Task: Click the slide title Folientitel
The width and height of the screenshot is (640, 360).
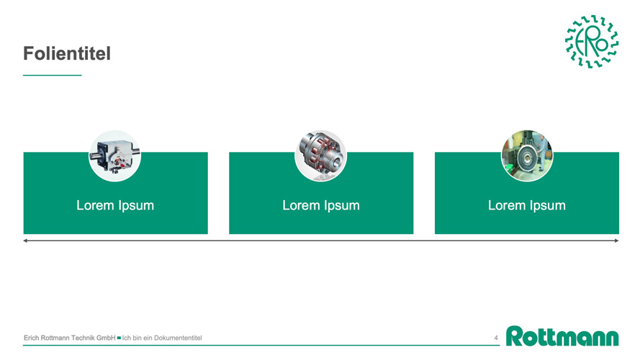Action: [x=66, y=53]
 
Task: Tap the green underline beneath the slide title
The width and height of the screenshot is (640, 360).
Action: [x=53, y=75]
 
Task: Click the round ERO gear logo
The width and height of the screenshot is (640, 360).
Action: [x=592, y=41]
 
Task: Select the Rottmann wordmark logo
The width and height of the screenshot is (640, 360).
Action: [x=562, y=336]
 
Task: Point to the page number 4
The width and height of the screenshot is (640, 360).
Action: [x=496, y=338]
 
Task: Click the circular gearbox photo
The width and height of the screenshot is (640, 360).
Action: [x=114, y=156]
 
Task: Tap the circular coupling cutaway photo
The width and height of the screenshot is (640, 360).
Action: [x=321, y=156]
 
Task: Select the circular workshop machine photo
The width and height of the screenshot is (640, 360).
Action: [x=527, y=156]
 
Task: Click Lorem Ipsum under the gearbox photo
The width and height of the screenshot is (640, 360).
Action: [x=115, y=205]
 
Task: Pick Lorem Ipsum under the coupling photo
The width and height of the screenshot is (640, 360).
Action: [x=321, y=205]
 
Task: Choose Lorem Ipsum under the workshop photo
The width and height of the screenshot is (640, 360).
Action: [x=527, y=205]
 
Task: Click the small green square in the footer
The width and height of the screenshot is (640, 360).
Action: [x=119, y=338]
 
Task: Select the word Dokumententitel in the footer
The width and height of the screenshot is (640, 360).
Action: [x=178, y=338]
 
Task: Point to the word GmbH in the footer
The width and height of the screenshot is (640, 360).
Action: [x=106, y=338]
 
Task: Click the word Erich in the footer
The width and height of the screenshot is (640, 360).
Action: [x=32, y=338]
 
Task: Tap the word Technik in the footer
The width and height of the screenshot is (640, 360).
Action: [x=83, y=338]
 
